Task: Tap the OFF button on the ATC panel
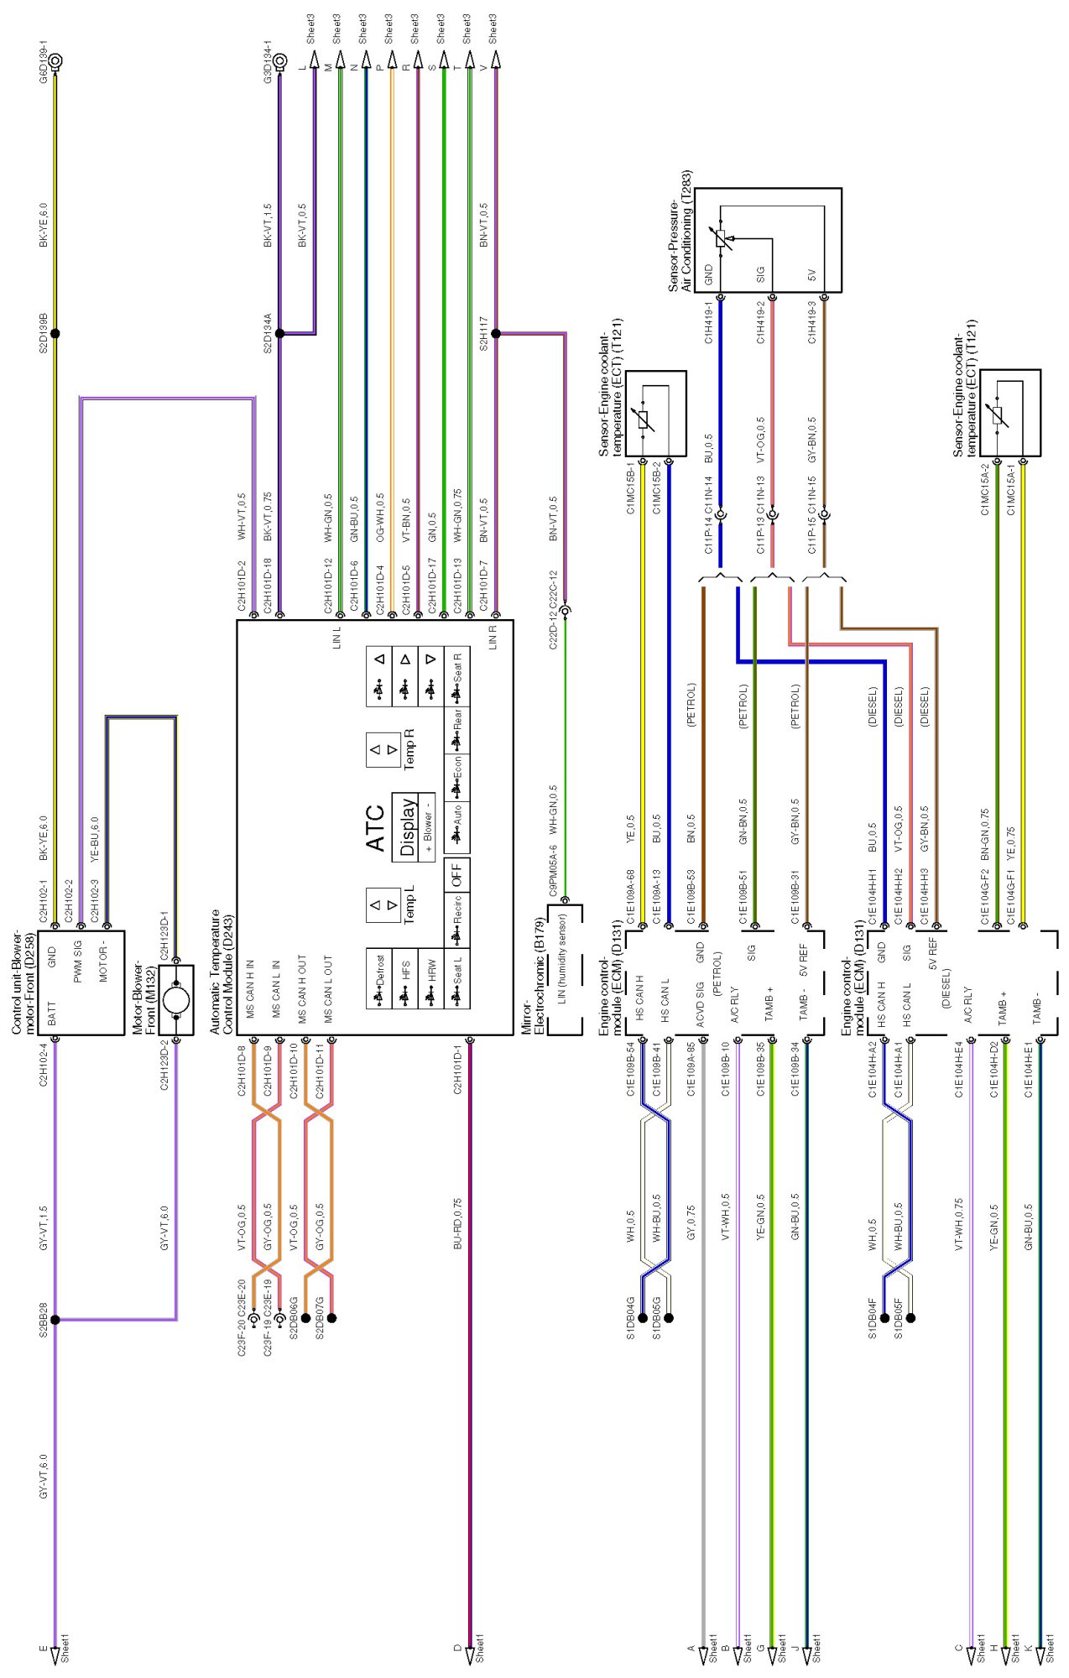[x=456, y=876]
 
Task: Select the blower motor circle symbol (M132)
[x=176, y=1000]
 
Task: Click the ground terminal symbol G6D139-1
[x=56, y=61]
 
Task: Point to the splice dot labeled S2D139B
[x=56, y=333]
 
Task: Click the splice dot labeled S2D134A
[x=280, y=333]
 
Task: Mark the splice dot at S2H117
[x=496, y=333]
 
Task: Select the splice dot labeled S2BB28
[x=56, y=1320]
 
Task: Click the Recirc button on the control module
[x=456, y=921]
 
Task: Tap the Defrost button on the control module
[x=378, y=978]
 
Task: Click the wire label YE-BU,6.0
[x=94, y=839]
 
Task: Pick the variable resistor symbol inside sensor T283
[x=722, y=239]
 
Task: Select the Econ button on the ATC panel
[x=456, y=776]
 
